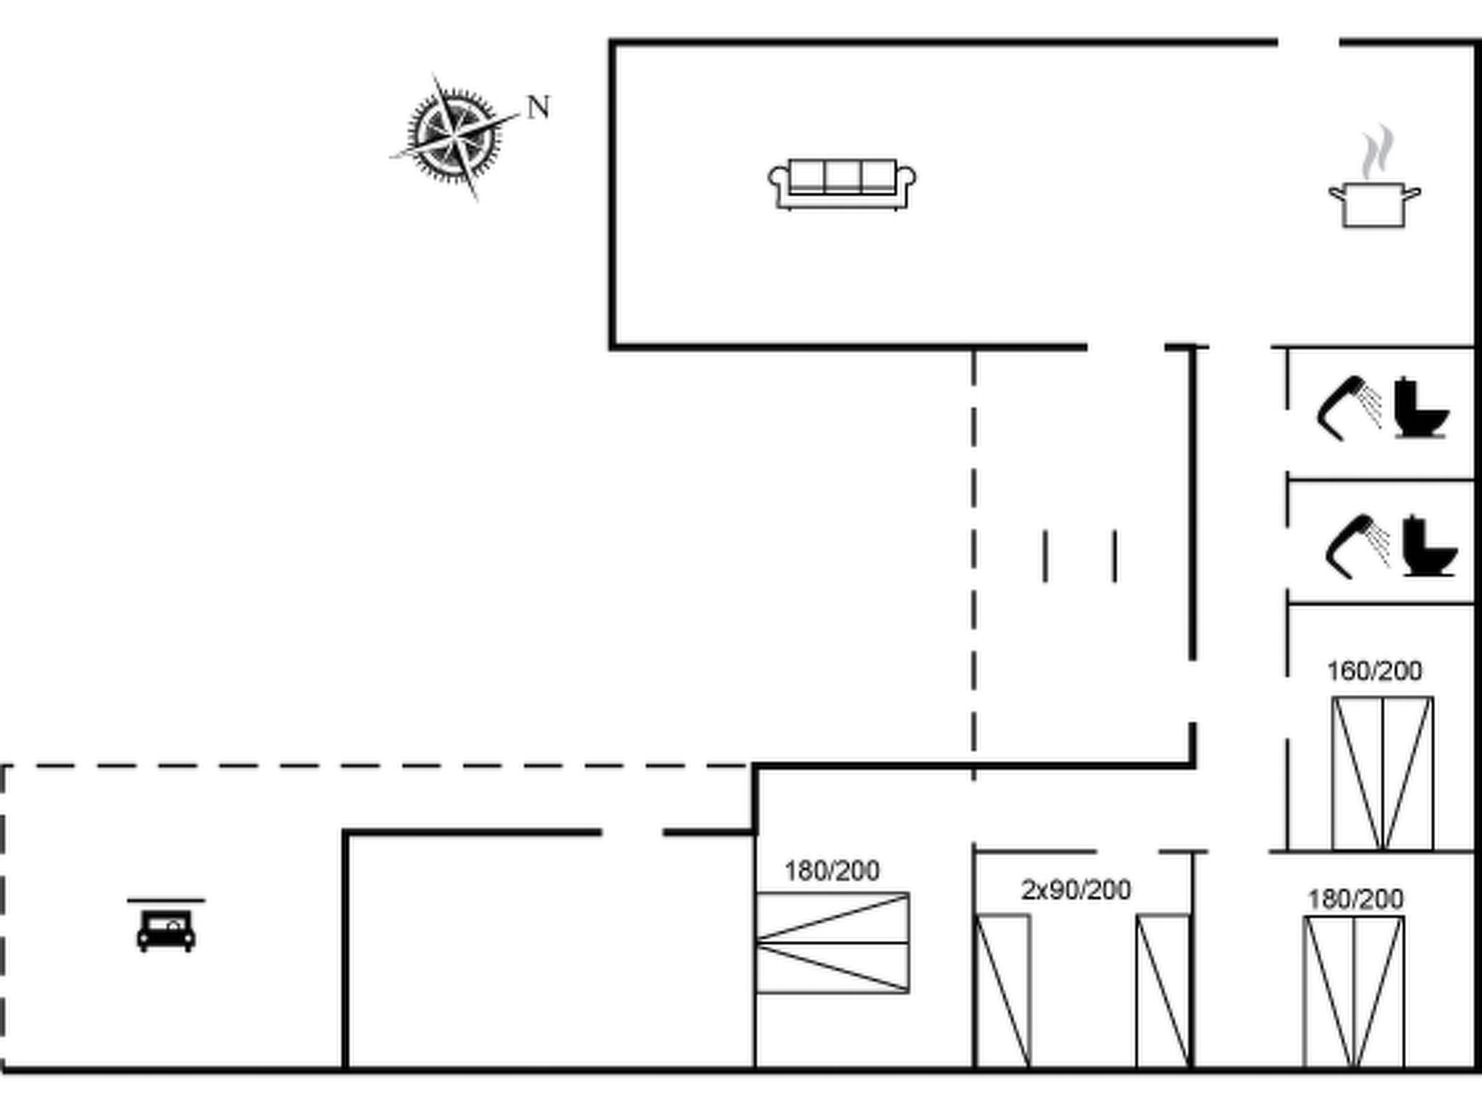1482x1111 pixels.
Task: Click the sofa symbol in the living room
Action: click(x=842, y=184)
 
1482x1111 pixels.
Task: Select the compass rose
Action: click(x=454, y=135)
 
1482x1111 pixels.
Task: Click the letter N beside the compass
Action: click(x=538, y=107)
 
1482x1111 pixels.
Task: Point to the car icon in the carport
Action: click(x=166, y=932)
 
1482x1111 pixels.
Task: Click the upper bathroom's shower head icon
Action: click(x=1347, y=408)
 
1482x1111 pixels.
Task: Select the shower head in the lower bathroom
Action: click(x=1357, y=546)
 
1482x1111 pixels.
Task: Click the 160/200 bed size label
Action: click(x=1374, y=671)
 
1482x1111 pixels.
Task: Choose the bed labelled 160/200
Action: click(x=1382, y=773)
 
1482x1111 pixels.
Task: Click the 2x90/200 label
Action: click(x=1076, y=890)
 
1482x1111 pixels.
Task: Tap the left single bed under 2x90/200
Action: click(x=1003, y=991)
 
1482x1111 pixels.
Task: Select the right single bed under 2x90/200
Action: click(x=1163, y=991)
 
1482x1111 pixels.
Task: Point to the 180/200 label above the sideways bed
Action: click(x=832, y=871)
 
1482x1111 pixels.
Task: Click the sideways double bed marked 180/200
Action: click(x=832, y=942)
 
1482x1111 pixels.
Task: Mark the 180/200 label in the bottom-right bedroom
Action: click(x=1355, y=899)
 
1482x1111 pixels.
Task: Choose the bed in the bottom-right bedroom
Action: click(x=1354, y=992)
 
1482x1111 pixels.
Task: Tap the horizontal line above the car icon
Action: click(x=166, y=901)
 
